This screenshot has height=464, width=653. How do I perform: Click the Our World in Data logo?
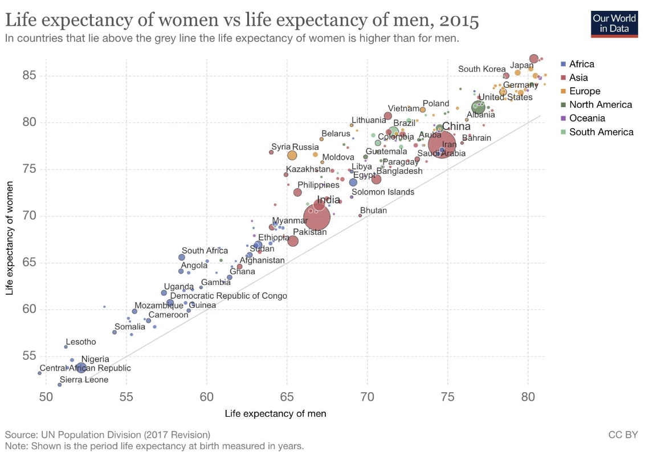coord(615,22)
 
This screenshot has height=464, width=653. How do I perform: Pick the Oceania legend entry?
coord(586,118)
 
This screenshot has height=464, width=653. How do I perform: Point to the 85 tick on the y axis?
coord(29,75)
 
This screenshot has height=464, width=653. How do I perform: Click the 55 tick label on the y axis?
coord(29,356)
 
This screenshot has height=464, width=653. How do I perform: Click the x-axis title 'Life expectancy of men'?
coord(275,413)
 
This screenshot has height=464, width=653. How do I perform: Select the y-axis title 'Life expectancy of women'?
coord(10,238)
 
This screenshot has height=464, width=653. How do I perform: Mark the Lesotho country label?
coord(81,342)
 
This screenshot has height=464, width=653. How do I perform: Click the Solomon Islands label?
coord(383,192)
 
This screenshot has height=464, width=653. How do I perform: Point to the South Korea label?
coord(481,69)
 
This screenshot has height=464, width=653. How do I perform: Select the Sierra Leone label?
coord(84,380)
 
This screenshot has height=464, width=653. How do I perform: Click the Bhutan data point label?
coord(373,210)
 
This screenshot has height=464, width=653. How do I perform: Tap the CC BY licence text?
coord(623,435)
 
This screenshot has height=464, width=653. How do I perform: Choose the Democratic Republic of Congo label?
coord(228,296)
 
